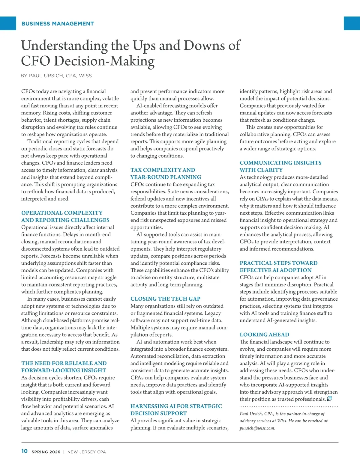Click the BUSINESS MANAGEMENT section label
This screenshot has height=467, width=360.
click(x=58, y=24)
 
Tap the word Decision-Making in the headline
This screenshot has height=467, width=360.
click(x=104, y=61)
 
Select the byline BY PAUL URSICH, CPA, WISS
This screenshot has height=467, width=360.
click(x=56, y=76)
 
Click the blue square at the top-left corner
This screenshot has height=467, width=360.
click(x=8, y=23)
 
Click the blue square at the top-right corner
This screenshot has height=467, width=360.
click(x=352, y=23)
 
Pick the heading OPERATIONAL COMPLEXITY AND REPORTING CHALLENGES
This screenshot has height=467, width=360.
click(x=65, y=216)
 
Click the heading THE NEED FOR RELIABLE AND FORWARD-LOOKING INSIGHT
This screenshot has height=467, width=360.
click(x=64, y=367)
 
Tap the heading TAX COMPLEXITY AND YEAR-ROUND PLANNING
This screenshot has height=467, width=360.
click(x=166, y=174)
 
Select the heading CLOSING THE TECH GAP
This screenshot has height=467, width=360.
click(x=165, y=299)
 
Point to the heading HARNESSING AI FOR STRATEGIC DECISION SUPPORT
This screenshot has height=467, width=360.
click(x=176, y=410)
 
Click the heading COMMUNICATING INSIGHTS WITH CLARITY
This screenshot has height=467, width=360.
click(x=280, y=166)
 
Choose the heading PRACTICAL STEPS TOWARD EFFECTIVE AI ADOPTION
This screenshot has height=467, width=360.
click(x=278, y=266)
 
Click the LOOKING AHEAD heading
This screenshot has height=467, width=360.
click(x=264, y=335)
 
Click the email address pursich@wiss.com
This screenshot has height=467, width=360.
click(x=257, y=428)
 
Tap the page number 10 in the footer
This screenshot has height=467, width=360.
click(x=25, y=451)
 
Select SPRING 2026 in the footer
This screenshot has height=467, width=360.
click(x=46, y=452)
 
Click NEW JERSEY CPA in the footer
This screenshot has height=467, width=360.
click(x=87, y=452)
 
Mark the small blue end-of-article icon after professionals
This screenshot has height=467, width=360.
click(x=329, y=399)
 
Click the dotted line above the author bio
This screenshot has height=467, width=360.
click(x=289, y=407)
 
